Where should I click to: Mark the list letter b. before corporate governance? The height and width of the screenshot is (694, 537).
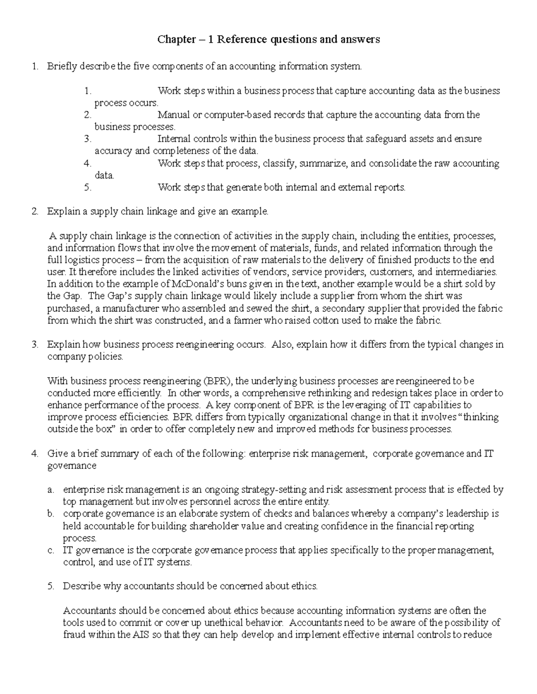coord(50,514)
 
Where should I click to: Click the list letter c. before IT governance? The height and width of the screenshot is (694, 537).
coord(50,550)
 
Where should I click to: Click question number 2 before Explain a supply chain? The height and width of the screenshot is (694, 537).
coord(35,211)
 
